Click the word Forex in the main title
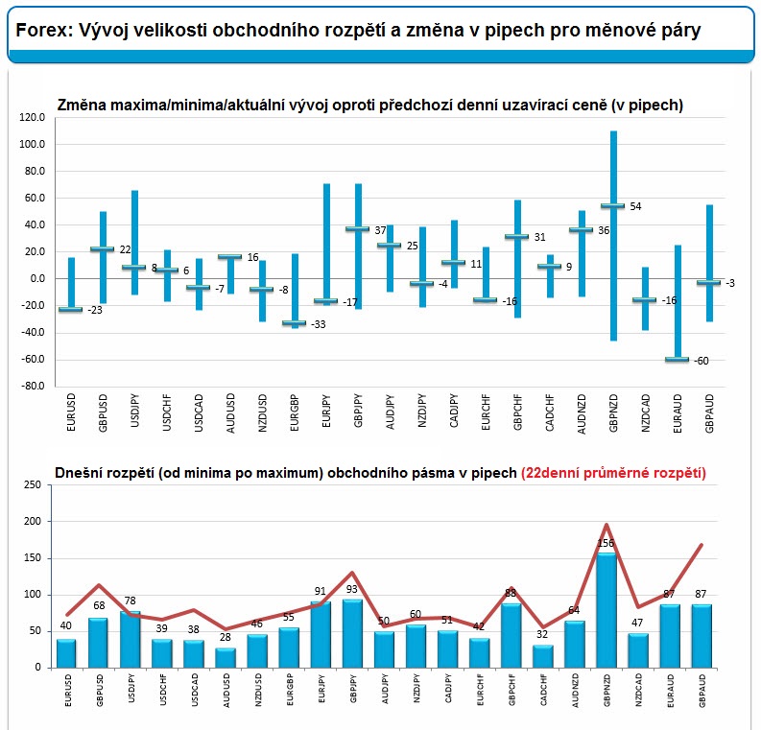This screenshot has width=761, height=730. click(x=43, y=31)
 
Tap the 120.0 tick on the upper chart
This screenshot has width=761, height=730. click(x=32, y=117)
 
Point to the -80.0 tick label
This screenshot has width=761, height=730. click(x=32, y=386)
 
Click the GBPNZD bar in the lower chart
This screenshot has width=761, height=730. click(x=606, y=610)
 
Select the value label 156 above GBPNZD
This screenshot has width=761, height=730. click(x=606, y=543)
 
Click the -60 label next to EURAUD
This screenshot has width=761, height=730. click(x=702, y=361)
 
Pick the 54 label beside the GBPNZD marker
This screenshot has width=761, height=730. click(x=636, y=206)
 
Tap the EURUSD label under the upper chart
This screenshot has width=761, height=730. click(x=71, y=412)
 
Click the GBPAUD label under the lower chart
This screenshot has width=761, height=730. click(x=702, y=691)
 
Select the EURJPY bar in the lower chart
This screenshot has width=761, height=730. click(x=321, y=635)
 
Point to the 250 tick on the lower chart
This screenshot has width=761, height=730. click(x=33, y=484)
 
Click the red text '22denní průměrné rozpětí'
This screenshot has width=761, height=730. click(x=613, y=473)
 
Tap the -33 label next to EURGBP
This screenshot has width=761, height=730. click(x=319, y=324)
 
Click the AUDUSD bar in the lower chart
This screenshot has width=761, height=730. click(x=226, y=658)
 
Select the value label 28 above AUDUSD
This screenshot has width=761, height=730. click(x=226, y=637)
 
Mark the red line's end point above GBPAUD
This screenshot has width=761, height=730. click(x=702, y=545)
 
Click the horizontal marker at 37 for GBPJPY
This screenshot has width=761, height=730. click(x=358, y=228)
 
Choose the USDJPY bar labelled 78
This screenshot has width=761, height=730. click(x=131, y=639)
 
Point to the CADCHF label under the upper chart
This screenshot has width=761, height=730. click(x=550, y=412)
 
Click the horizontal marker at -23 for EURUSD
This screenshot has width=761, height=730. click(x=71, y=310)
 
